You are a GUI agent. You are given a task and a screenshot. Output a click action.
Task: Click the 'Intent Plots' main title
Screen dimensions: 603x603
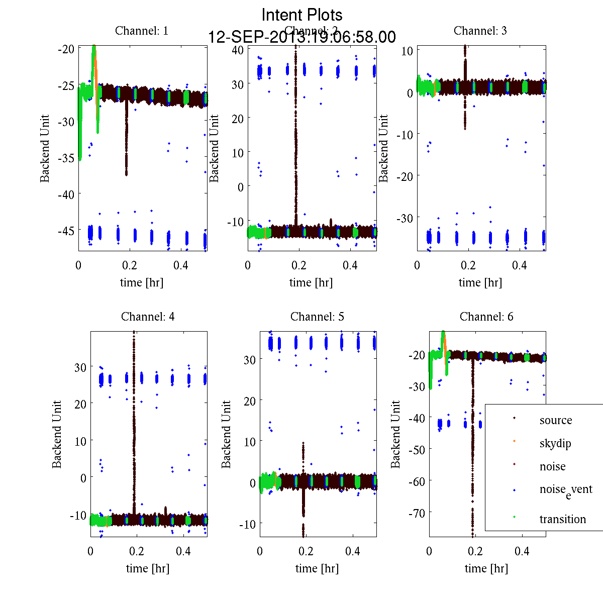click(x=302, y=15)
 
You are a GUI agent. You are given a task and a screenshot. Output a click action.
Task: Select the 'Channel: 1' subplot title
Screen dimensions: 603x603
click(x=142, y=31)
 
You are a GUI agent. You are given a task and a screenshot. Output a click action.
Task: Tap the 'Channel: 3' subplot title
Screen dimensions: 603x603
click(x=480, y=31)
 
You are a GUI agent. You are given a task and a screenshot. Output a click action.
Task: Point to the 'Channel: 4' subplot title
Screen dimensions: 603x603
click(x=148, y=317)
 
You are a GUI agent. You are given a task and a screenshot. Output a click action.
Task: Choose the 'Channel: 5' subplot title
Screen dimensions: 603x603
click(x=317, y=317)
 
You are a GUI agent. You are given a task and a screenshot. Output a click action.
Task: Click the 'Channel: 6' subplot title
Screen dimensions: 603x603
click(x=486, y=317)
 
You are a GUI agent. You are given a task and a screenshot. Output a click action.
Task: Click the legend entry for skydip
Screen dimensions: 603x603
click(x=555, y=443)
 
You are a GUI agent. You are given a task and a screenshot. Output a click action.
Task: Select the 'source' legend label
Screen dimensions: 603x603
click(x=555, y=420)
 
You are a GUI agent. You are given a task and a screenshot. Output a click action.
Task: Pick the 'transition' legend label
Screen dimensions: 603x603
click(x=562, y=519)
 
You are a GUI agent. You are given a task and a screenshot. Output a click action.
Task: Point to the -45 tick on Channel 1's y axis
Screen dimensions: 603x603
click(x=66, y=231)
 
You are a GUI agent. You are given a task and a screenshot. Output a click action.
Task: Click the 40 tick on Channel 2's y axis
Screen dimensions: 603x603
click(x=238, y=50)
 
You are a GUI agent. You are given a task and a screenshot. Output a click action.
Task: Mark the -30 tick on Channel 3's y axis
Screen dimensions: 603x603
click(x=405, y=218)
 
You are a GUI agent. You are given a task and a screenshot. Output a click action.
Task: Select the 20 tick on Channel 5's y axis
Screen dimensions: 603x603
click(x=249, y=401)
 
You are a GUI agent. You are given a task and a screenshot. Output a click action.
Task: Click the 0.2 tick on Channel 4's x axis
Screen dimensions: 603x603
click(x=137, y=551)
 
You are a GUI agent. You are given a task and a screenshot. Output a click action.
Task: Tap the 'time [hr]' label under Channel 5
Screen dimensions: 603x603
click(x=317, y=568)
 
